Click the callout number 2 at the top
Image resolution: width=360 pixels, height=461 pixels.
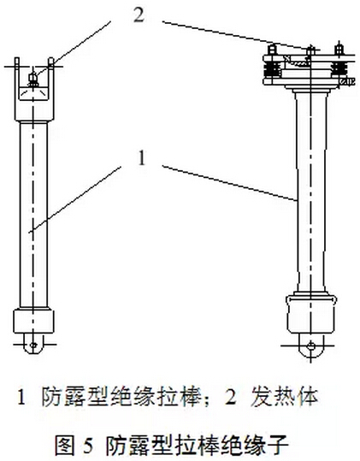pos(139,15)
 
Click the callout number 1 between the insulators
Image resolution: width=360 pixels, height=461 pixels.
pos(142,158)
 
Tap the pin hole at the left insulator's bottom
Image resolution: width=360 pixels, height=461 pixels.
pos(34,345)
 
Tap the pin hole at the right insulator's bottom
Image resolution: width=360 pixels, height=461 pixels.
pos(310,346)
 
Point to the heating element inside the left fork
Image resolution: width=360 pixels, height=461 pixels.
pos(33,80)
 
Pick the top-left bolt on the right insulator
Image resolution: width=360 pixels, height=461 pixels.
pos(273,49)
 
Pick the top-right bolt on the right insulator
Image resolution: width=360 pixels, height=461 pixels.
pos(339,49)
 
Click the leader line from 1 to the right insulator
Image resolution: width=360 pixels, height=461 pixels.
pos(229,183)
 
